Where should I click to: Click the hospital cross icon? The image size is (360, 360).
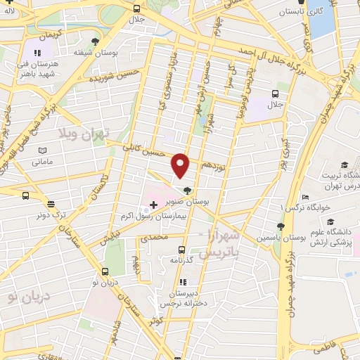(153, 204)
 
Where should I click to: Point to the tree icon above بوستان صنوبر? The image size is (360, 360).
(187, 190)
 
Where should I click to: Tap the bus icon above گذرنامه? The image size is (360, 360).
(182, 249)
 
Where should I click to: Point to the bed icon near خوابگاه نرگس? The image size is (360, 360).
(304, 198)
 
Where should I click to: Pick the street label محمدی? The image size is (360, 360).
(154, 239)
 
